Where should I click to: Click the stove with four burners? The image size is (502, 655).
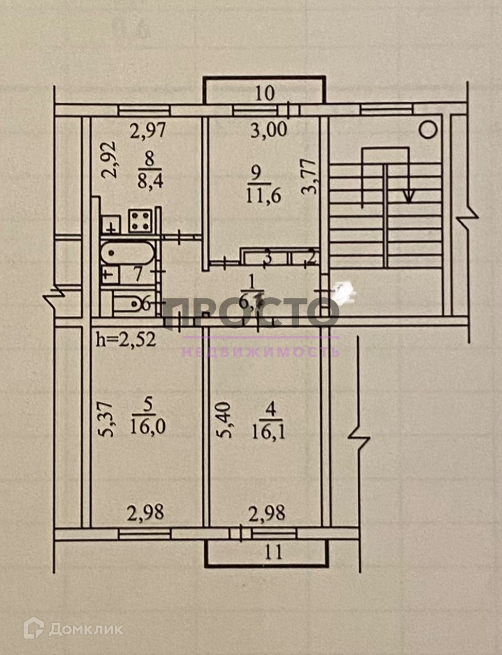pos(141,221)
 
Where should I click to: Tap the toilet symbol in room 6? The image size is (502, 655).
pos(127,303)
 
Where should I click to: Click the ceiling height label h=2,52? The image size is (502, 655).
pos(127,338)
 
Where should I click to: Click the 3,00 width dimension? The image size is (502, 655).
pos(269,130)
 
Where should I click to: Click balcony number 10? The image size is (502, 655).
pos(265,93)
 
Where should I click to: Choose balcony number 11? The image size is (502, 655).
pos(274,552)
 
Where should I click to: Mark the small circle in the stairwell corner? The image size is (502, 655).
pos(429,129)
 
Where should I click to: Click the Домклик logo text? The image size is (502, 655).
pos(85,629)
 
